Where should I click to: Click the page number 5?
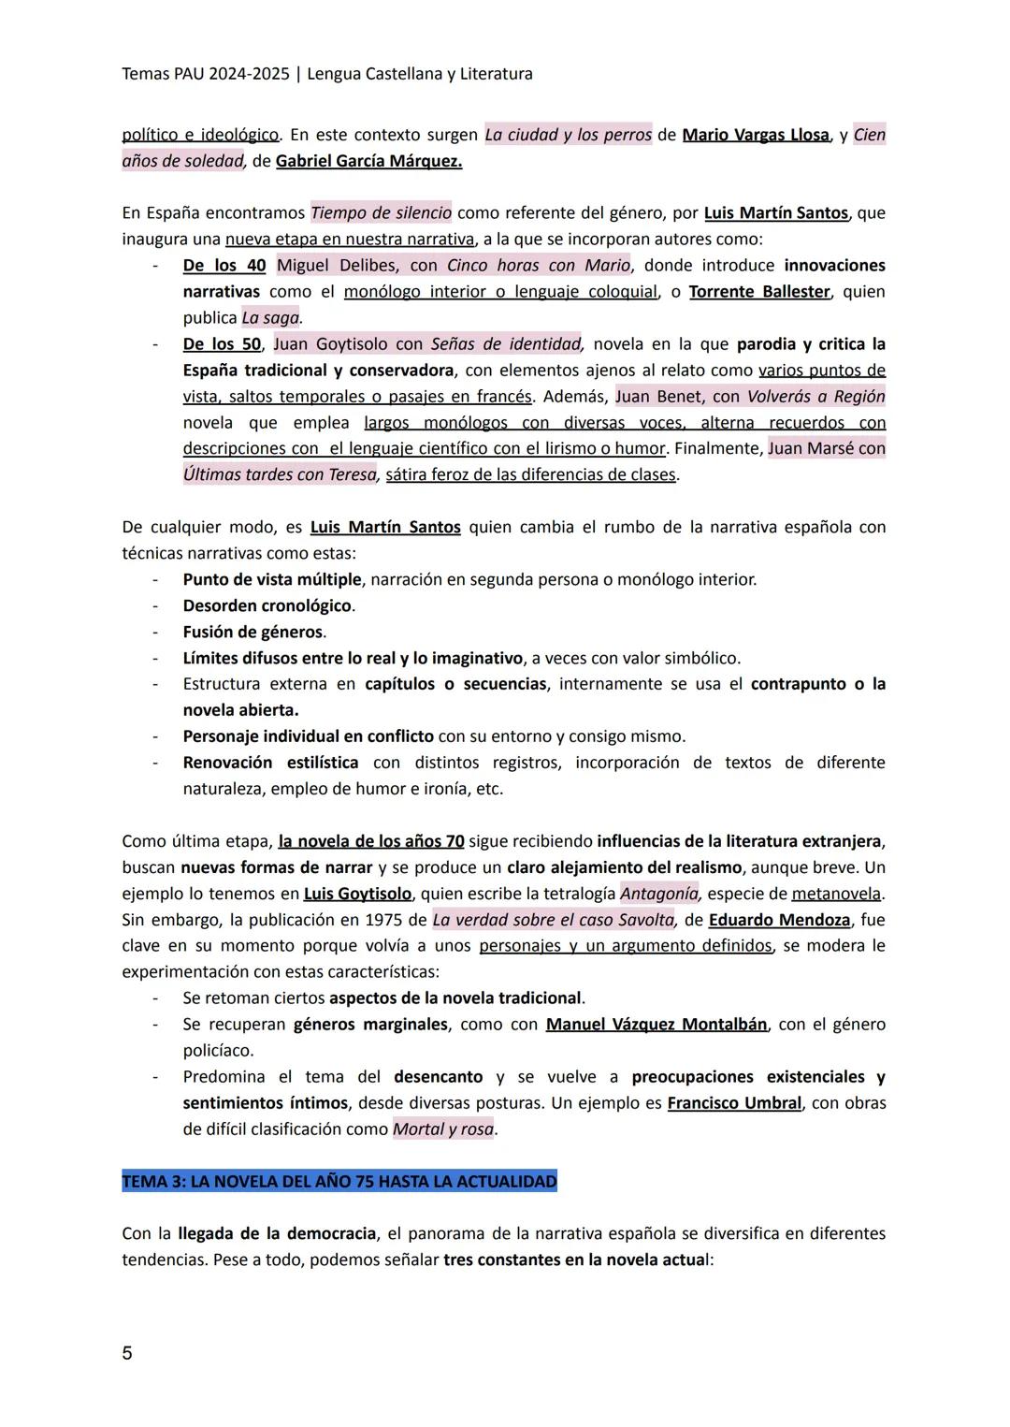pos(127,1353)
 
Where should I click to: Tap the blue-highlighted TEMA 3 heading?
pos(339,1182)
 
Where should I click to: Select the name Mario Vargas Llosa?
pos(756,135)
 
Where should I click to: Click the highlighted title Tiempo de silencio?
pos(381,212)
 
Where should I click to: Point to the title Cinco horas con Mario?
pos(539,266)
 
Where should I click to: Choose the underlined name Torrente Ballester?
pos(759,292)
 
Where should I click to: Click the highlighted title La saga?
pos(270,318)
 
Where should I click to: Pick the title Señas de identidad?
pos(506,344)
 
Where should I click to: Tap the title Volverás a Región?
pos(816,397)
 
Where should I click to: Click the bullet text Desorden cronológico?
pos(267,605)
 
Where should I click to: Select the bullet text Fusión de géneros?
pos(253,632)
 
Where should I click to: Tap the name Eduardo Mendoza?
pos(779,920)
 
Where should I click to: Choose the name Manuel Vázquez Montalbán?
pos(656,1025)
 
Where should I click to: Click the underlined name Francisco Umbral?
pos(734,1103)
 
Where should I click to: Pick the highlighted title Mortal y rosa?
pos(443,1129)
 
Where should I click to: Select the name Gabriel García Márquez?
pos(368,161)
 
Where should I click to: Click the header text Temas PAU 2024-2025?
pos(205,74)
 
